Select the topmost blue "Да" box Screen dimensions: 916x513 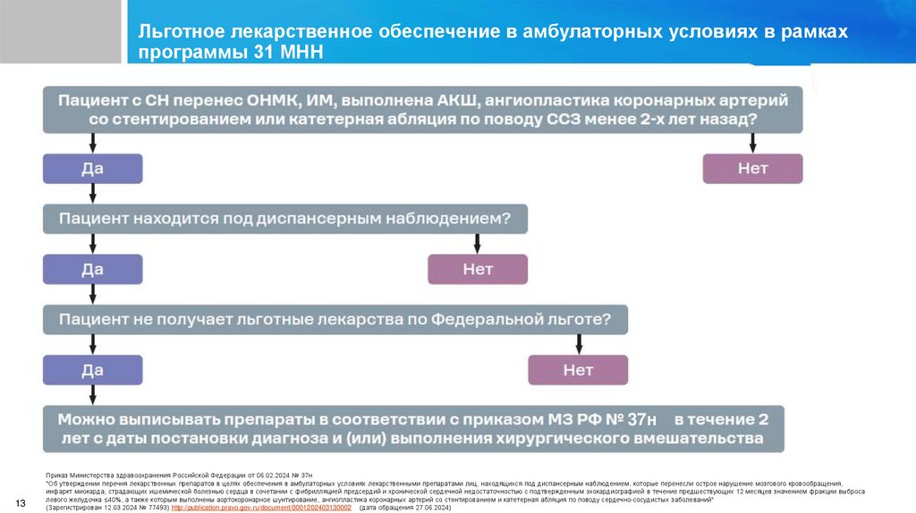click(x=93, y=168)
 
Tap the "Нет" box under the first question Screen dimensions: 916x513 click(x=752, y=168)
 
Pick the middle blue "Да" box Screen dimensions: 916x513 click(x=93, y=268)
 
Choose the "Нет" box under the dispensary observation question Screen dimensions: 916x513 click(x=478, y=268)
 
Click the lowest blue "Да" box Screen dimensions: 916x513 click(x=93, y=368)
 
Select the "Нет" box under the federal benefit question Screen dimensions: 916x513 click(x=578, y=368)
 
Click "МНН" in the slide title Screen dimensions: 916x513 click(x=293, y=51)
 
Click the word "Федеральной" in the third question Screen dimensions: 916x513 click(x=486, y=318)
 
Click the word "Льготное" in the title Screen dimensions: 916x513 click(x=179, y=31)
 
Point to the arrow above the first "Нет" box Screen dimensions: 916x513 click(x=752, y=142)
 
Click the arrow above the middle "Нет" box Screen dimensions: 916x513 click(x=478, y=243)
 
